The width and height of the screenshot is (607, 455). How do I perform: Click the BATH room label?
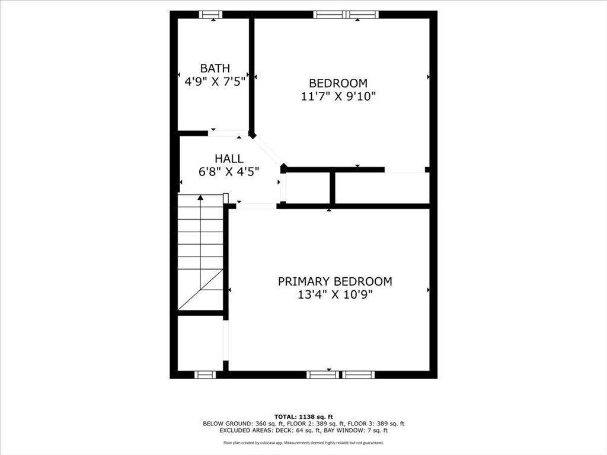215,68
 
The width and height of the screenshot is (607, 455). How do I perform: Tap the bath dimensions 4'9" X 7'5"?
215,82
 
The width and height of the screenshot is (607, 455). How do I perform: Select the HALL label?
229,158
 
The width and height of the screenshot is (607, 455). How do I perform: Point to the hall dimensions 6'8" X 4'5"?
229,172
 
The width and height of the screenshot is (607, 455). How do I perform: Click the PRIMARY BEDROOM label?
335,281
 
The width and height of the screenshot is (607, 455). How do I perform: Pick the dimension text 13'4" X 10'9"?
335,295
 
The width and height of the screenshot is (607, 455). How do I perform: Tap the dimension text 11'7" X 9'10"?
338,97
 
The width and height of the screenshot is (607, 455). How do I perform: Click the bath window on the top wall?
210,15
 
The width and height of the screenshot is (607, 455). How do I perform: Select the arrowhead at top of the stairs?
200,198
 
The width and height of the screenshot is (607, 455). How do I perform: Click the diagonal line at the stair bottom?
200,290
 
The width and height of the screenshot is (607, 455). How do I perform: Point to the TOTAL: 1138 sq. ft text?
303,416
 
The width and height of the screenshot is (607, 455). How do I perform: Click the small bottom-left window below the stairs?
205,374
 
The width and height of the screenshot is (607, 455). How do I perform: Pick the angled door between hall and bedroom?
269,150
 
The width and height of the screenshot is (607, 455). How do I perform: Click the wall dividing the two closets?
332,188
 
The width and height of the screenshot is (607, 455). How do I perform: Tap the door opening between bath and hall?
228,133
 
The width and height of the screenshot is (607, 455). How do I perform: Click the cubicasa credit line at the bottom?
303,443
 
